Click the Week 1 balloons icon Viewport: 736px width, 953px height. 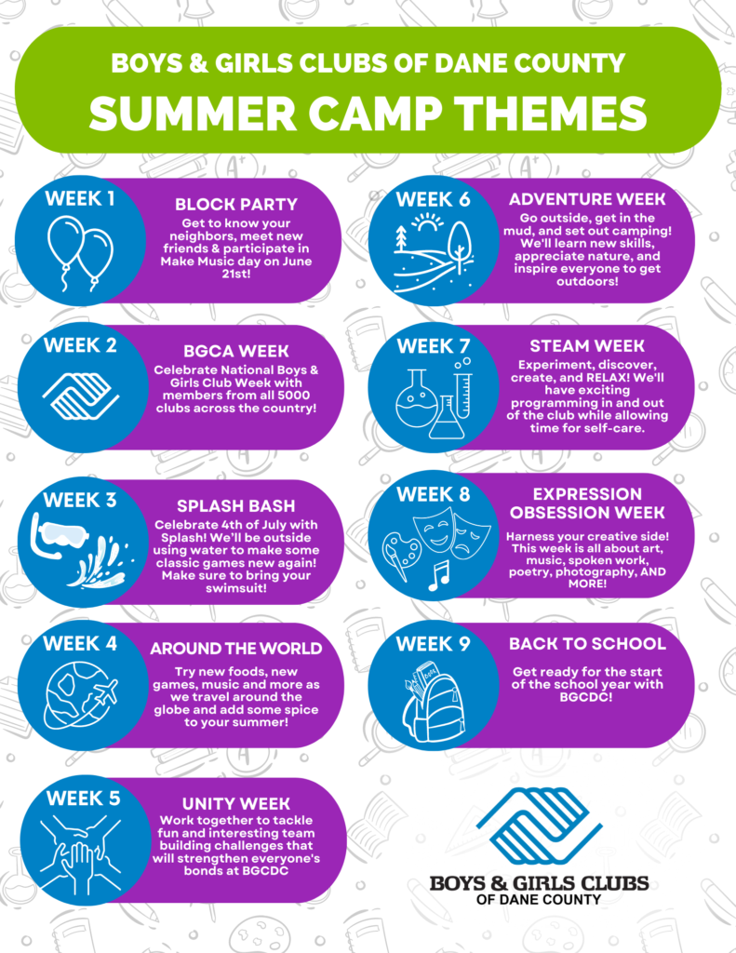click(x=80, y=253)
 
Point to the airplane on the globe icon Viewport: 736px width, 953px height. click(x=103, y=692)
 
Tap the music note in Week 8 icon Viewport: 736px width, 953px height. click(x=439, y=575)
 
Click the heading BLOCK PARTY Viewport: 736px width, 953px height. click(x=236, y=204)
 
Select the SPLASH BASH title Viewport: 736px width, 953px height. click(x=235, y=505)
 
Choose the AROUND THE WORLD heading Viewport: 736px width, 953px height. click(x=235, y=649)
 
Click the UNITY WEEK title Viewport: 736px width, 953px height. click(x=235, y=803)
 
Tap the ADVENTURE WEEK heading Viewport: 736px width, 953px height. click(x=587, y=199)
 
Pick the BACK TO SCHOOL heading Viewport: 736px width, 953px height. click(x=587, y=644)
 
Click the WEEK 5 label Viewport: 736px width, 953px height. click(x=83, y=798)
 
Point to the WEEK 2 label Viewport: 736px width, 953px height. click(x=80, y=345)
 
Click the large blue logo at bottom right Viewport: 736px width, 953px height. click(x=540, y=826)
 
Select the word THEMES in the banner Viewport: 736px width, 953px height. click(x=552, y=113)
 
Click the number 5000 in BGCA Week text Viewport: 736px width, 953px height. click(x=292, y=395)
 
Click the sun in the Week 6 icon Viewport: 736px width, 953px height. click(x=428, y=225)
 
